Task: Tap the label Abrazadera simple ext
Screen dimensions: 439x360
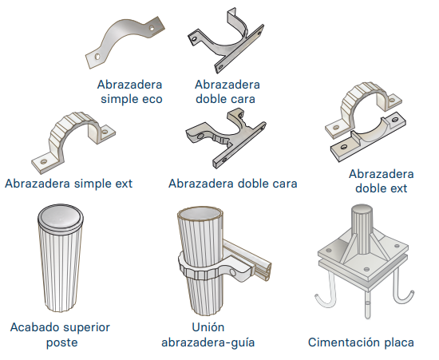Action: pos(69,184)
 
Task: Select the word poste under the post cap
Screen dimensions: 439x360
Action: pos(62,342)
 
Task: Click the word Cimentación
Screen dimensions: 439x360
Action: pos(342,342)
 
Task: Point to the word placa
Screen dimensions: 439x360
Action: pos(397,342)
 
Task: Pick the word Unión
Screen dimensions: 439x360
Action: pos(208,327)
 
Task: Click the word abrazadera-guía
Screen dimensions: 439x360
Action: pos(208,342)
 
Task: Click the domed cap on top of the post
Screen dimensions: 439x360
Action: pos(61,216)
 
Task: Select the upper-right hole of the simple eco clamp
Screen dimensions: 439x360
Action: pos(152,28)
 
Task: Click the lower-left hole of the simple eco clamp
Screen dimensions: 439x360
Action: pos(97,57)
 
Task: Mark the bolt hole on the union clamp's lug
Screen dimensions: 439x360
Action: pos(232,273)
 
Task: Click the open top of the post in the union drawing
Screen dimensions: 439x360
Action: pos(200,215)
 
